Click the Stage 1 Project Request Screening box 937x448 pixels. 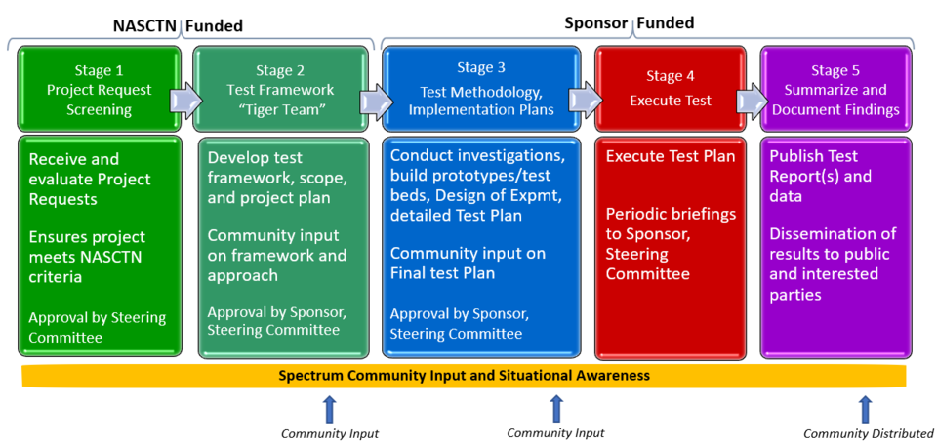[x=99, y=90]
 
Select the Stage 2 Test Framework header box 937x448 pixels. [x=279, y=90]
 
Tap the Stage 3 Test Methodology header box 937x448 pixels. [x=481, y=88]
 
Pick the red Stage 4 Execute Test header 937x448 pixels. [x=670, y=89]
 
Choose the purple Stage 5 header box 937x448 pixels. [x=835, y=90]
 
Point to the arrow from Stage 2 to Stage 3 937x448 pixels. [x=374, y=100]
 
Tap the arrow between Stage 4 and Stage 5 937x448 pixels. [x=752, y=100]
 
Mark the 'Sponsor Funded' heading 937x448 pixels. [x=629, y=22]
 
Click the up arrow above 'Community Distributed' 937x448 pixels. [x=864, y=409]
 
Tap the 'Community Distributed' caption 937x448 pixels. [x=868, y=434]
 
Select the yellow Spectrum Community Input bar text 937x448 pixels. [x=464, y=375]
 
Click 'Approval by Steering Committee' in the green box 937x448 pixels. [x=97, y=328]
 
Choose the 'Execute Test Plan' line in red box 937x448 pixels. [x=671, y=156]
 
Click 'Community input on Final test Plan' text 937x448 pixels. [x=468, y=264]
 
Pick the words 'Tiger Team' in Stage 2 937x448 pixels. [x=280, y=109]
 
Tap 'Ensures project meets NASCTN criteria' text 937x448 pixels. [x=87, y=258]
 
